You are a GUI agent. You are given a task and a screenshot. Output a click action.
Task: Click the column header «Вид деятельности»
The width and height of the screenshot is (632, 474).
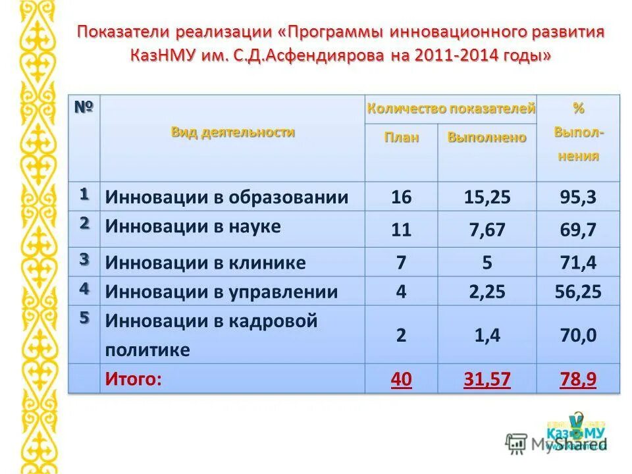click(x=233, y=132)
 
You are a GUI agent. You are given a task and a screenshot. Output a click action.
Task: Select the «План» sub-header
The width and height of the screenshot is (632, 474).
click(x=402, y=137)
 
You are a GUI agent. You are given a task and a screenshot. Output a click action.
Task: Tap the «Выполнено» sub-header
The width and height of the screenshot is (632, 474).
click(x=487, y=137)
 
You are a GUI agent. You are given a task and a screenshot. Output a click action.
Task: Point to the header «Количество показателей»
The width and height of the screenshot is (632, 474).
click(x=451, y=109)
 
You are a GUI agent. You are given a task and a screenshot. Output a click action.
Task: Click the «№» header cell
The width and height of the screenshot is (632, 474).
click(x=84, y=107)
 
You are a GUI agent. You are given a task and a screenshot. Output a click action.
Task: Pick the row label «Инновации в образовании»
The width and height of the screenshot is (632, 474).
click(x=227, y=197)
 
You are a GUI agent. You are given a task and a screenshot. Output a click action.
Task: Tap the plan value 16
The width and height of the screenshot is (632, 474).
click(x=401, y=197)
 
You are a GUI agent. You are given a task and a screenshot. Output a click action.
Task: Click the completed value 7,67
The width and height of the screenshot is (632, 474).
click(x=487, y=230)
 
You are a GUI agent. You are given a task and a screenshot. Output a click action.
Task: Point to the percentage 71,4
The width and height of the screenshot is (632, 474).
click(x=578, y=263)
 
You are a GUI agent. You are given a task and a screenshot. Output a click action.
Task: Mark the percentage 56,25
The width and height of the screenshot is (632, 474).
click(x=578, y=292)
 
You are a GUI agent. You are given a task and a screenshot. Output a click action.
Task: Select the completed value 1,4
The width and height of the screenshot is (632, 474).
click(x=487, y=335)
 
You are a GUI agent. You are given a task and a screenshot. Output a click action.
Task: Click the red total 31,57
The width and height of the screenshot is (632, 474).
click(x=487, y=380)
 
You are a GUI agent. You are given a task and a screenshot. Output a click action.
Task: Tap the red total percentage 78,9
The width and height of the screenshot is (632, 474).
click(x=578, y=380)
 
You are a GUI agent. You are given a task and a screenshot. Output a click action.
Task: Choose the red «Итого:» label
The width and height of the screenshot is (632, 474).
click(x=134, y=379)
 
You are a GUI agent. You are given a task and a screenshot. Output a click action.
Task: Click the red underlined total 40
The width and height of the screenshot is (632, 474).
click(x=401, y=380)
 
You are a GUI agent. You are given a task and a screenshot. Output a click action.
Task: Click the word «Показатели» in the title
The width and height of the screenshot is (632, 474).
click(x=124, y=32)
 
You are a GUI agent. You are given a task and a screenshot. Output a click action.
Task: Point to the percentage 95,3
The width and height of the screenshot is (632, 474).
click(x=578, y=197)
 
